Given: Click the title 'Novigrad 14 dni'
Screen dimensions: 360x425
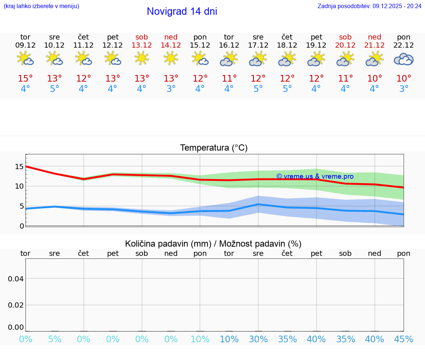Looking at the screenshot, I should [182, 11].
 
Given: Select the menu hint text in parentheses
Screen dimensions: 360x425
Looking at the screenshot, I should [41, 6].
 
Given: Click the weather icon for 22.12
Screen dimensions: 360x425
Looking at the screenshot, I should [404, 59].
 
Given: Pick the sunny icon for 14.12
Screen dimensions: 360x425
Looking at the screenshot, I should [171, 58].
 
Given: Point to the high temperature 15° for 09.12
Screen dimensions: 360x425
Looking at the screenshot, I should [25, 79].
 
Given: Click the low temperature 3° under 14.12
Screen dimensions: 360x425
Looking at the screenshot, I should [171, 89].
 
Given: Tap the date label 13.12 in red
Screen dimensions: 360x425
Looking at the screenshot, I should [142, 45].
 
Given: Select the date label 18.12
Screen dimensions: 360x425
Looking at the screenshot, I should [287, 45].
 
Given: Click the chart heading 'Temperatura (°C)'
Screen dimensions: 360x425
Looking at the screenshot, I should [214, 148].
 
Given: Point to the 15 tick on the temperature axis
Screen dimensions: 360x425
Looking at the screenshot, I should [19, 167].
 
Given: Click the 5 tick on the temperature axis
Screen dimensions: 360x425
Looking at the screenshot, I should [21, 206].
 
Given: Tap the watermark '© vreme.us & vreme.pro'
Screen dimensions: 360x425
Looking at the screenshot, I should [315, 176].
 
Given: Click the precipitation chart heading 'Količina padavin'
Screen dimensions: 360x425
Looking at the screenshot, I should [213, 244].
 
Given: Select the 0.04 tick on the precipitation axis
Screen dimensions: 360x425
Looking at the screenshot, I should [16, 279].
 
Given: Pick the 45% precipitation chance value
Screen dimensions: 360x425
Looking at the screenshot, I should [404, 339].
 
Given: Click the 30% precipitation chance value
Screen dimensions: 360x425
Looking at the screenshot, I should [258, 339].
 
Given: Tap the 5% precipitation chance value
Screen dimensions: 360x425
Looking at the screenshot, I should [55, 339].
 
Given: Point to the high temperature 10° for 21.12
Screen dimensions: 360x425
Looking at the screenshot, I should [374, 79].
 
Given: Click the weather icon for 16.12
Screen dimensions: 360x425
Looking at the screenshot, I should [229, 59].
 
